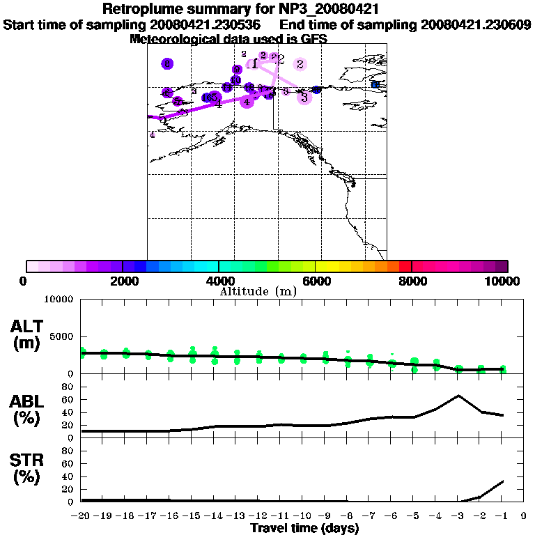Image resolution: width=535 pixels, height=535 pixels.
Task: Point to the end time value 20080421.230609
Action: tap(476, 24)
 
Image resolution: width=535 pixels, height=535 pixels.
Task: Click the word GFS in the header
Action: tap(313, 39)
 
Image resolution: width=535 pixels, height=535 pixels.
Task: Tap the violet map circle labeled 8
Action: tap(167, 64)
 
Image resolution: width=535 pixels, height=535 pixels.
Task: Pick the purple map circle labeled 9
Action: tap(237, 69)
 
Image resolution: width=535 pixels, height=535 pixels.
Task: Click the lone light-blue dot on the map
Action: tap(375, 85)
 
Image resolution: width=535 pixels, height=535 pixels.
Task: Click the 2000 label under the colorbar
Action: tap(123, 281)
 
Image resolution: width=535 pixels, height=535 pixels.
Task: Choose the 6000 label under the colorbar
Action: tap(316, 281)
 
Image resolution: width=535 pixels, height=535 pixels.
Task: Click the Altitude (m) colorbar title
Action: tap(258, 291)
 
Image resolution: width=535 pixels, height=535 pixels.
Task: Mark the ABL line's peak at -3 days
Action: tap(458, 396)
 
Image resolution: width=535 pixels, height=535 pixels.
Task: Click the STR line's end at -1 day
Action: tap(502, 481)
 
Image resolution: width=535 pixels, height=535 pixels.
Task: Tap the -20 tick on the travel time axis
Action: tap(81, 516)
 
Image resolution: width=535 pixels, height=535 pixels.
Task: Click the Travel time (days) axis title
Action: tap(304, 528)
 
